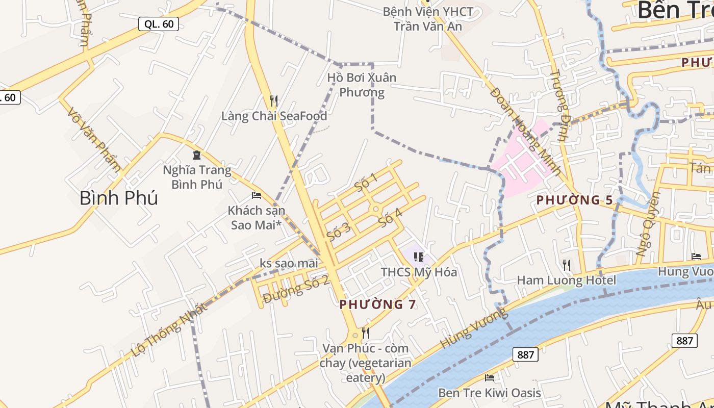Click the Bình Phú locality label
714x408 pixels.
118,198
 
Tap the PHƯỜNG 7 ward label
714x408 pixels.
377,304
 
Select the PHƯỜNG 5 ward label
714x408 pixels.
574,200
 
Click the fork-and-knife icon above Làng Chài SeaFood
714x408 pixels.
274,100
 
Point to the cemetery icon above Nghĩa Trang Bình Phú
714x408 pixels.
197,155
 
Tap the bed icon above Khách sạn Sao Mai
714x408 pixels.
257,195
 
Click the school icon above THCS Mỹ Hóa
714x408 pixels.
419,257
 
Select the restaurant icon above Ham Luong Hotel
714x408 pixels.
566,265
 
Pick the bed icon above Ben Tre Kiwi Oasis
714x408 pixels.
490,378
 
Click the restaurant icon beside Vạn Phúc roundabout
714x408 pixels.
365,333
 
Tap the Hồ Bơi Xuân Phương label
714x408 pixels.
362,85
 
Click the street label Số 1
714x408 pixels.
366,183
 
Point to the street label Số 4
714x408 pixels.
391,218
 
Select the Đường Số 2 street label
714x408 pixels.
296,289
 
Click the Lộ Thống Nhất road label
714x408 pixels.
169,329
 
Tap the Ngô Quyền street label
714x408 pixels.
648,224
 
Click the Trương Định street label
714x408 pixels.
559,105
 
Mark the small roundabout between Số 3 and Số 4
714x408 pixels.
376,209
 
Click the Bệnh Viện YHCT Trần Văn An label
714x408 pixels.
428,18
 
